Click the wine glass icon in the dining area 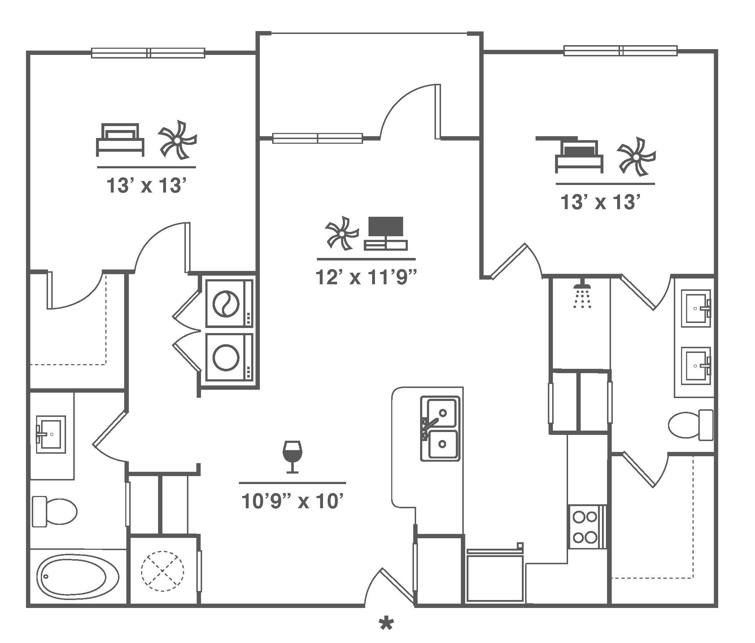tap(292, 457)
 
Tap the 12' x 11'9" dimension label tap(366, 278)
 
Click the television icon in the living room tap(386, 234)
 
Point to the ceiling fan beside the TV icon tap(342, 233)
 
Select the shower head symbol tap(582, 293)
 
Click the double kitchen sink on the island tap(440, 429)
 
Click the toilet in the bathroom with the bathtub tap(54, 511)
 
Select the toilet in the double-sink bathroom tap(690, 425)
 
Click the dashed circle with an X tap(162, 581)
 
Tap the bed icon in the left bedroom tap(120, 140)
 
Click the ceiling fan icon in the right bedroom tap(637, 156)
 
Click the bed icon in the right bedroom tap(579, 157)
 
